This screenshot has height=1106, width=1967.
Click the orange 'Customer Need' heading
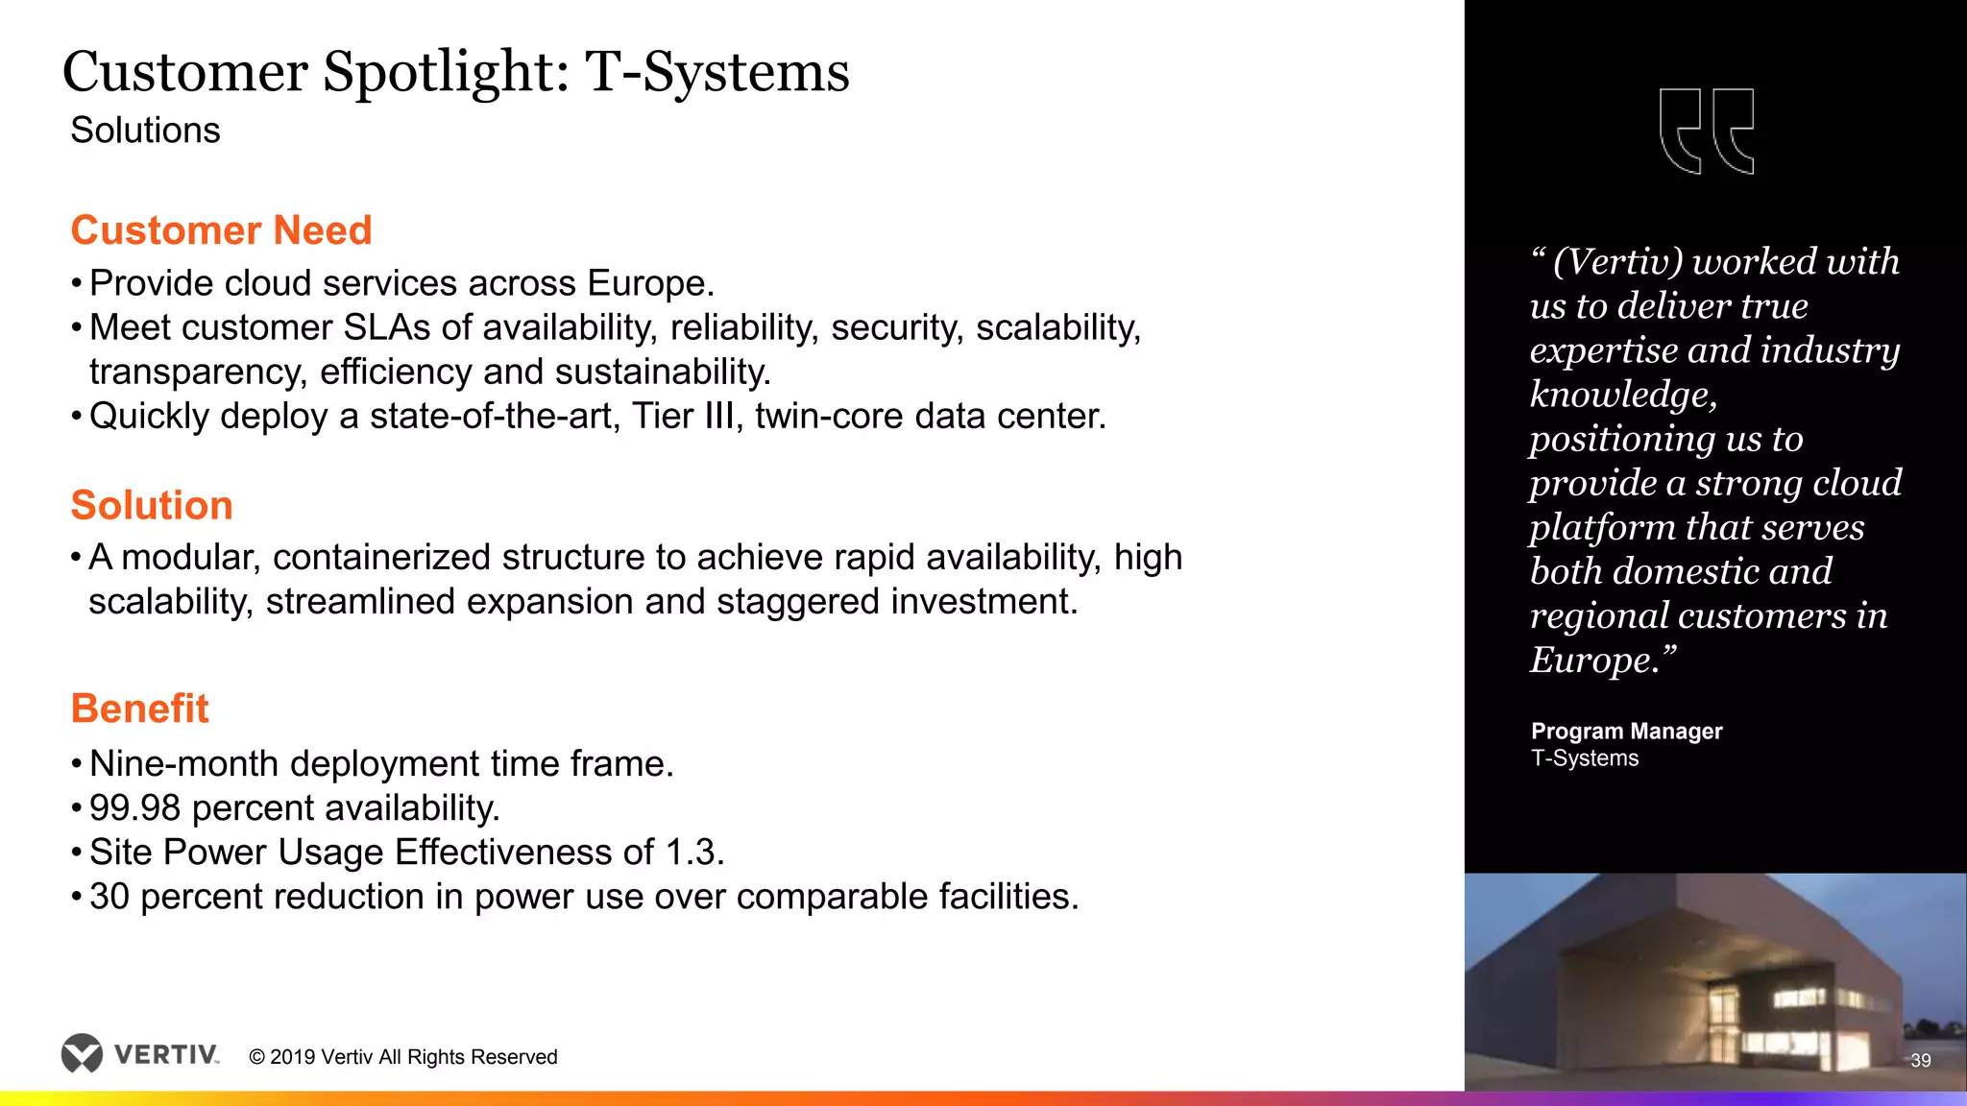click(x=221, y=230)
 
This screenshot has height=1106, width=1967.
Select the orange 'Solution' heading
click(x=152, y=505)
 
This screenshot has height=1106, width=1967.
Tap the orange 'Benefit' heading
click(x=139, y=709)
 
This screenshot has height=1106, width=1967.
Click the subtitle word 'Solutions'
click(x=145, y=131)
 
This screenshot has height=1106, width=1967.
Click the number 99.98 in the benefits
click(x=134, y=808)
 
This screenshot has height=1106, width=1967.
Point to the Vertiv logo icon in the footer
click(x=82, y=1053)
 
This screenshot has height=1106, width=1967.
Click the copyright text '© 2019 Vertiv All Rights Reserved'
click(x=403, y=1057)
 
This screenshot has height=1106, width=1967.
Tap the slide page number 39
click(x=1921, y=1061)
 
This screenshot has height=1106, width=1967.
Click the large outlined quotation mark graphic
click(x=1707, y=132)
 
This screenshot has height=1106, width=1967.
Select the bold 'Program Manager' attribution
click(x=1626, y=732)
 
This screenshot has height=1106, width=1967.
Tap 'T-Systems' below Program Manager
click(x=1585, y=758)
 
